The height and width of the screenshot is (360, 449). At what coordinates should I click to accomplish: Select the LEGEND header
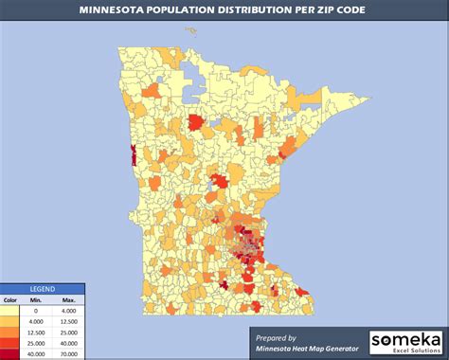pyautogui.click(x=42, y=288)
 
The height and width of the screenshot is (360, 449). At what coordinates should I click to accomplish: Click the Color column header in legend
pyautogui.click(x=10, y=300)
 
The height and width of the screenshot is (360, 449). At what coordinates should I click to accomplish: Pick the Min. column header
pyautogui.click(x=36, y=300)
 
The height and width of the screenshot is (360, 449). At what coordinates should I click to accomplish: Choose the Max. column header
pyautogui.click(x=69, y=300)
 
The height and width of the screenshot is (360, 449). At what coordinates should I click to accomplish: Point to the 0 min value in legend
pyautogui.click(x=36, y=311)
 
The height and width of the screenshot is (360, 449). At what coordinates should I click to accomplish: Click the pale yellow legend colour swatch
pyautogui.click(x=10, y=311)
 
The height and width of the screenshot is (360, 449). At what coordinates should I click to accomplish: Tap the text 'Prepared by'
pyautogui.click(x=283, y=336)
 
